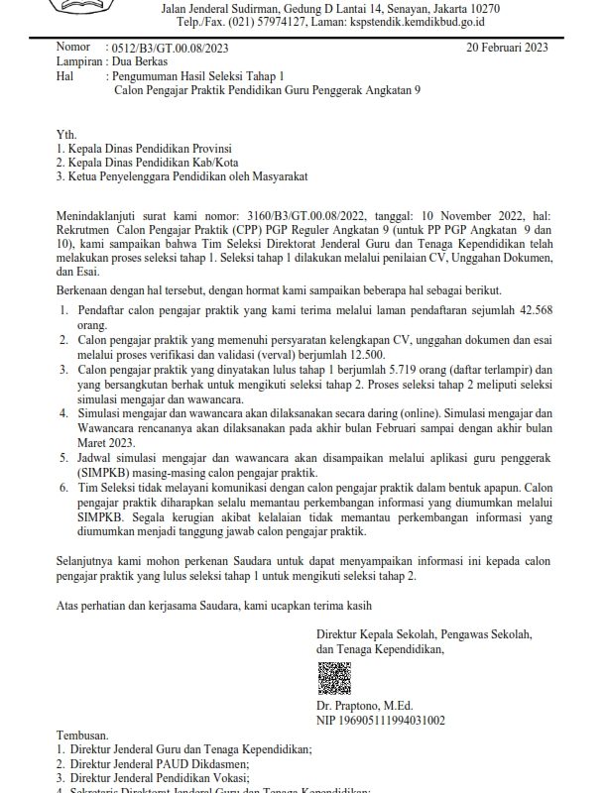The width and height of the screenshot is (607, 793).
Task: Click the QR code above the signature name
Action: coord(334,678)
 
